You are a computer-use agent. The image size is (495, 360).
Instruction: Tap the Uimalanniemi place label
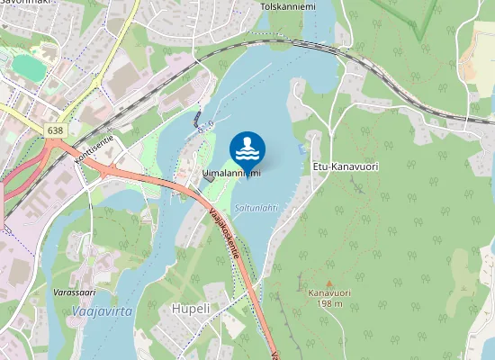coord(231,174)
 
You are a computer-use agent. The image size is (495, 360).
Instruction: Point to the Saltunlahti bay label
coord(256,207)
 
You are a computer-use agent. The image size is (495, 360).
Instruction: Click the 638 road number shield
coord(56,130)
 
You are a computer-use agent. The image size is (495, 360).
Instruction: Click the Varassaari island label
coord(75,292)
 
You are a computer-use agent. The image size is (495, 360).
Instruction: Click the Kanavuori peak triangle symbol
coord(328,282)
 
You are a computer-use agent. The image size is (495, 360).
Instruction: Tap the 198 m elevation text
coord(328,303)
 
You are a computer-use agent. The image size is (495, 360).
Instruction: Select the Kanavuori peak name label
coord(328,292)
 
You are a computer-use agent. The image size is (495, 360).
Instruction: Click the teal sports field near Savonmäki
coord(30,68)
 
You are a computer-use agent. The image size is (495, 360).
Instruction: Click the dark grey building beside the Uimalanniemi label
coord(210,177)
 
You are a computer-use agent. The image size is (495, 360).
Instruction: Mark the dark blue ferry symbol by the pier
coord(196,117)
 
